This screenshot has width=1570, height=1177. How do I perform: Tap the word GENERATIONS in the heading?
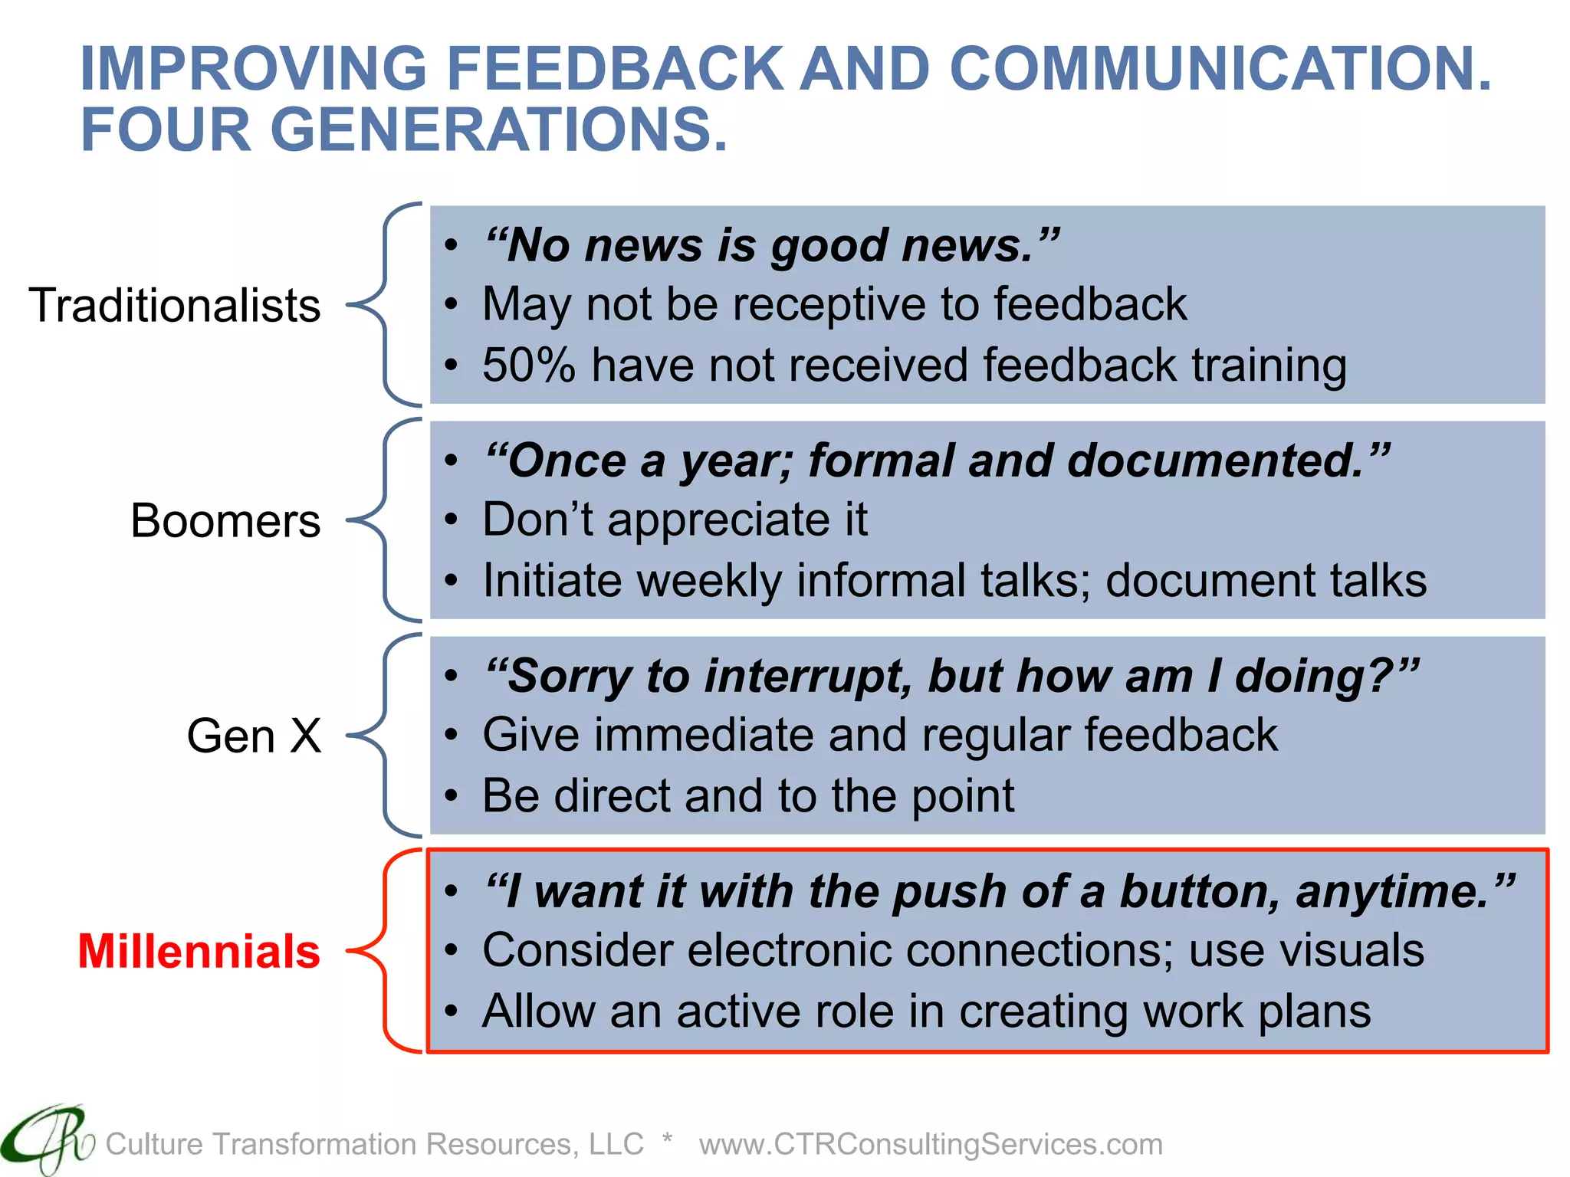pyautogui.click(x=498, y=130)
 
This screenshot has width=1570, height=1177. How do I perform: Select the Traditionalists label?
pyautogui.click(x=175, y=305)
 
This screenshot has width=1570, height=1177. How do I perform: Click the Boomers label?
pyautogui.click(x=225, y=521)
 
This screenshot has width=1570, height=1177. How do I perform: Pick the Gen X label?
pyautogui.click(x=254, y=736)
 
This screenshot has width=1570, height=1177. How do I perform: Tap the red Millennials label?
pyautogui.click(x=199, y=952)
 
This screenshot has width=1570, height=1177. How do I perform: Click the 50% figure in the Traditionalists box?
pyautogui.click(x=528, y=365)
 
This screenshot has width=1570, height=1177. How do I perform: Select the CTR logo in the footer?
pyautogui.click(x=46, y=1140)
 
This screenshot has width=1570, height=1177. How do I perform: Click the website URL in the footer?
pyautogui.click(x=931, y=1144)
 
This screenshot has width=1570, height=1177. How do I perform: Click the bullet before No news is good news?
pyautogui.click(x=452, y=246)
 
